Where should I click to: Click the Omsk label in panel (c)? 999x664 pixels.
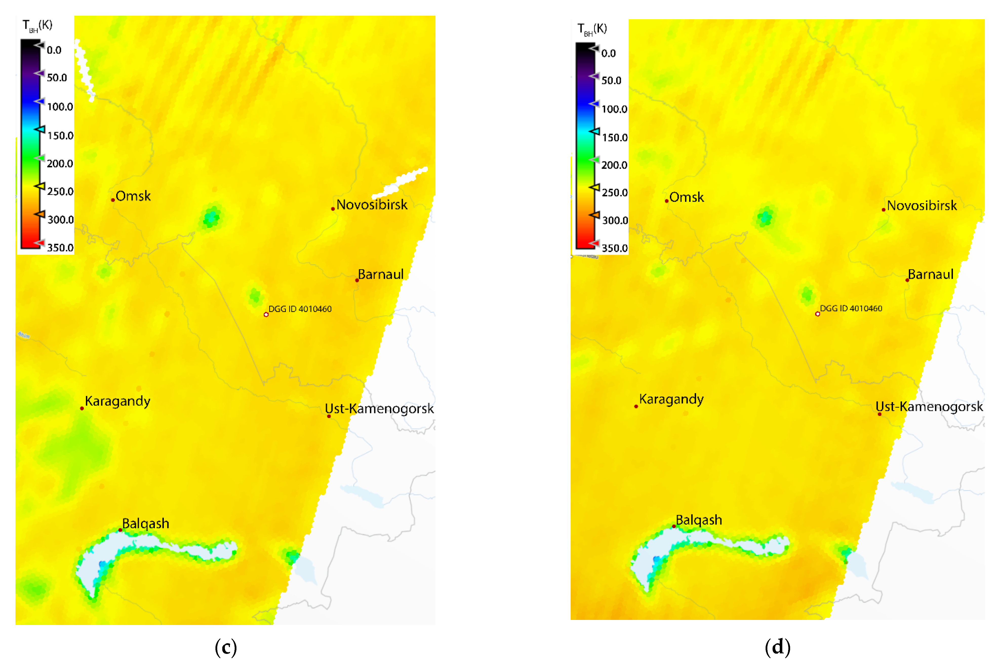[x=133, y=196]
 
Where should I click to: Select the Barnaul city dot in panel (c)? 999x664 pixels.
[x=357, y=280]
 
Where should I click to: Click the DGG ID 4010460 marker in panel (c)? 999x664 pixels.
[x=266, y=315]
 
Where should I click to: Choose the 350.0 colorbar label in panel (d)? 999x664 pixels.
[x=615, y=248]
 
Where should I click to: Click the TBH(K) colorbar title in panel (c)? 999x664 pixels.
[x=37, y=25]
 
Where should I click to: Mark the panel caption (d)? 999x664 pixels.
[x=777, y=647]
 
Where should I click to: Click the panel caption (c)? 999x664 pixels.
[x=225, y=647]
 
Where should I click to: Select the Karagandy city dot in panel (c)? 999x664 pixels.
[x=82, y=408]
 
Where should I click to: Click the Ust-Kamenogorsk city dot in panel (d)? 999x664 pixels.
[x=879, y=414]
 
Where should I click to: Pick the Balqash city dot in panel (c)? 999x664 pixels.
[x=120, y=530]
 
